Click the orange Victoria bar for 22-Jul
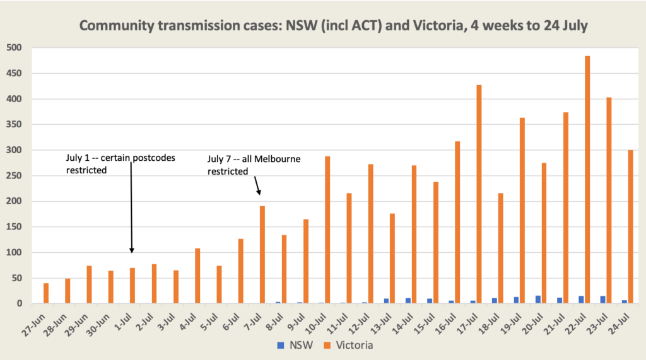click(x=587, y=180)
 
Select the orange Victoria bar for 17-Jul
click(x=479, y=194)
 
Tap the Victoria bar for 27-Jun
click(x=46, y=293)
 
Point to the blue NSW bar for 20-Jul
click(x=537, y=299)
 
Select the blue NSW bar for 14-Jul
click(x=408, y=301)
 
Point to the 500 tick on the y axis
click(x=14, y=48)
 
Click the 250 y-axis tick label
click(x=14, y=176)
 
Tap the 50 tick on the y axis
click(x=16, y=278)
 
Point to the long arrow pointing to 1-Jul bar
click(x=131, y=208)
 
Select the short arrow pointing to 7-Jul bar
click(x=257, y=186)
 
